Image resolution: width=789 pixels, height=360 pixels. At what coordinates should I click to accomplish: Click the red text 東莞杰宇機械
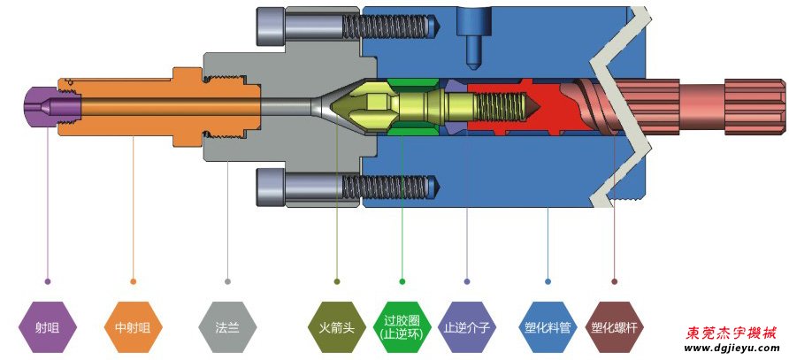[731, 333]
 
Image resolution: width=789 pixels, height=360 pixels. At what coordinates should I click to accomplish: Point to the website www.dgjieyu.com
[731, 349]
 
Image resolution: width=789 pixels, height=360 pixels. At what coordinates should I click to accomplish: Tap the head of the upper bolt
[271, 27]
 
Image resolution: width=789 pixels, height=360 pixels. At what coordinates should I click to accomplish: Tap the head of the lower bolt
[271, 187]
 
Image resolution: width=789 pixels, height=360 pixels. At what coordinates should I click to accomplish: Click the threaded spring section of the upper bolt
[389, 27]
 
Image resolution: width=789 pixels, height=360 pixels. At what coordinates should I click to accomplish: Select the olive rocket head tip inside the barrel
[358, 106]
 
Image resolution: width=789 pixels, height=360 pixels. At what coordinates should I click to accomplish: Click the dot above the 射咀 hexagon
[48, 281]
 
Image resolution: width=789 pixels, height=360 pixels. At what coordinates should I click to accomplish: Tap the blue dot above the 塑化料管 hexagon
[548, 281]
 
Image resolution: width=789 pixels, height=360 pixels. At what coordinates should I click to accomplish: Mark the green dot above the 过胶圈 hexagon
[402, 281]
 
